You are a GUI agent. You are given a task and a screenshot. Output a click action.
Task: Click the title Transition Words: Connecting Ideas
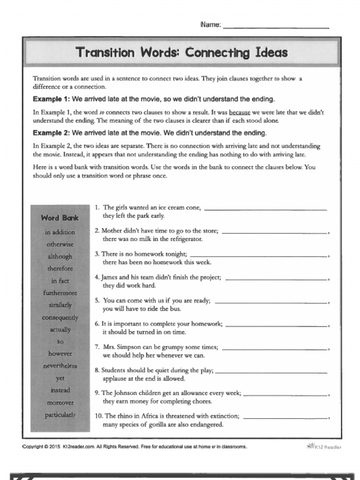pyautogui.click(x=181, y=52)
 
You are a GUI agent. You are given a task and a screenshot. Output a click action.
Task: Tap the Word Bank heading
pyautogui.click(x=60, y=217)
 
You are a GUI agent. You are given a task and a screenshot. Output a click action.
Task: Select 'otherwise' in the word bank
pyautogui.click(x=60, y=244)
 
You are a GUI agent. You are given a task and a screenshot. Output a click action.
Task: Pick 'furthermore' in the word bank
pyautogui.click(x=60, y=293)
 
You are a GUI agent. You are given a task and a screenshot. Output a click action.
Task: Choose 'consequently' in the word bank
pyautogui.click(x=60, y=317)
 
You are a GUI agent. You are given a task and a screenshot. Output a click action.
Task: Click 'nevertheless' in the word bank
pyautogui.click(x=60, y=366)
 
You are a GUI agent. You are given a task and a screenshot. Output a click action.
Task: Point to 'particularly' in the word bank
pyautogui.click(x=60, y=414)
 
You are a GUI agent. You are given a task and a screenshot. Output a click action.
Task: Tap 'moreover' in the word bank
pyautogui.click(x=60, y=402)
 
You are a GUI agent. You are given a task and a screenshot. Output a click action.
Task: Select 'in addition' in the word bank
pyautogui.click(x=60, y=232)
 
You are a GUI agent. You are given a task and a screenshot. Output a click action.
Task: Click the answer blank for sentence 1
pyautogui.click(x=266, y=209)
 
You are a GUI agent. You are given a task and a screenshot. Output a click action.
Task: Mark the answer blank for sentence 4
pyautogui.click(x=276, y=278)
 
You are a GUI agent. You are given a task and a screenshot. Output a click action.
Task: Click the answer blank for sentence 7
pyautogui.click(x=275, y=348)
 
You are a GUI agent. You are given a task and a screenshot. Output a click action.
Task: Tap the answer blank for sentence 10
pyautogui.click(x=285, y=417)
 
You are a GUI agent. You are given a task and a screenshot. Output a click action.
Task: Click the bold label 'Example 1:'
pyautogui.click(x=51, y=99)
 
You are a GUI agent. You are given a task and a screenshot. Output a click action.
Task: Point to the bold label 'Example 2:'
pyautogui.click(x=51, y=133)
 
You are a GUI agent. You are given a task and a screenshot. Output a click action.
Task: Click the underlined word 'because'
pyautogui.click(x=240, y=112)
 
